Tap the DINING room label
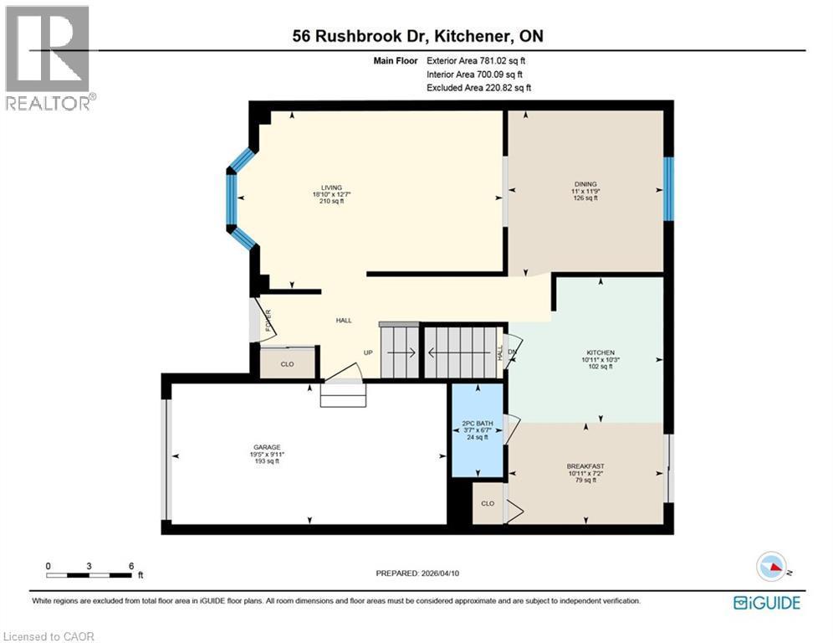pos(585,183)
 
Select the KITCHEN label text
pos(600,352)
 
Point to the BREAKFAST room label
pos(585,466)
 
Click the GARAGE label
pos(268,447)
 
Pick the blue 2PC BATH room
pos(478,430)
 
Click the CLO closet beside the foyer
pos(287,364)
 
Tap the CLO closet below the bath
pos(488,503)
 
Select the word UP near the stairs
pos(367,352)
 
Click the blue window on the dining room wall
pos(668,188)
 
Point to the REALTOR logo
pos(48,57)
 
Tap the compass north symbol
pos(774,567)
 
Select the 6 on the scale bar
pos(131,566)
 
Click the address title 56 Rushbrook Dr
pos(416,36)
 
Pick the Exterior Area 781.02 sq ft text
pos(476,60)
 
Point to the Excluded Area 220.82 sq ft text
pos(478,87)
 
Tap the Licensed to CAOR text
pos(49,636)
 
